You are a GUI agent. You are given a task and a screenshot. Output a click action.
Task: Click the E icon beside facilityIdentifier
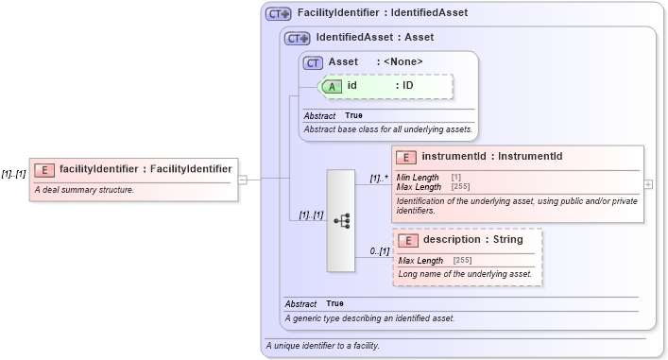click(43, 169)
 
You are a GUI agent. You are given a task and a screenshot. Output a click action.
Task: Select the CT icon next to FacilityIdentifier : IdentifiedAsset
click(278, 13)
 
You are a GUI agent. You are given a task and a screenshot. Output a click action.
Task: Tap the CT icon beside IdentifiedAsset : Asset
click(298, 39)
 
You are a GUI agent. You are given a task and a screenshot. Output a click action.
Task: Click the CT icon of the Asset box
click(314, 62)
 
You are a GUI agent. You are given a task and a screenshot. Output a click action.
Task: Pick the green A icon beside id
click(333, 86)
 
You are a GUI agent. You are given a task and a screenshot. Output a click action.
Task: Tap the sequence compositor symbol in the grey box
click(341, 220)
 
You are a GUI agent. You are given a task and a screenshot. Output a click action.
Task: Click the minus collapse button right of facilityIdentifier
click(243, 178)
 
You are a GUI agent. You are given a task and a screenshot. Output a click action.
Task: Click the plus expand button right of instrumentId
click(648, 184)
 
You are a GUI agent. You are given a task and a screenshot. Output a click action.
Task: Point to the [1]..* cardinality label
click(379, 177)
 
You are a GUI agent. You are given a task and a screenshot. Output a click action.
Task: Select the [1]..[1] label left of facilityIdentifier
click(13, 174)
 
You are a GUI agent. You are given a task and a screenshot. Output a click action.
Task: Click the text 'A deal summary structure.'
click(84, 190)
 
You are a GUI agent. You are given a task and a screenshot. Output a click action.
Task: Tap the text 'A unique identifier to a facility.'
click(323, 346)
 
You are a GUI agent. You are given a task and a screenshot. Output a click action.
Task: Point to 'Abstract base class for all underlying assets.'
click(387, 129)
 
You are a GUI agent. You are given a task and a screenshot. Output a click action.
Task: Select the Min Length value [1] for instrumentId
click(456, 178)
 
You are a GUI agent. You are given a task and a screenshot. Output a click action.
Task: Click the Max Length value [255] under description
click(463, 261)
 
